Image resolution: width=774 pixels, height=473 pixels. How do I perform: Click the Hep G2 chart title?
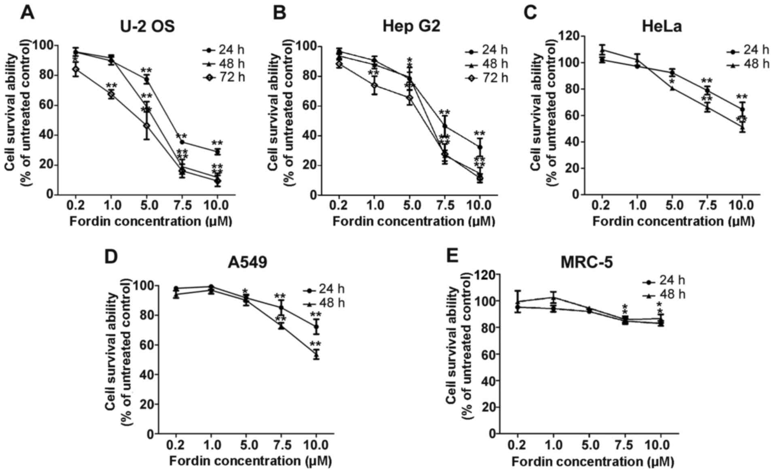tap(411, 26)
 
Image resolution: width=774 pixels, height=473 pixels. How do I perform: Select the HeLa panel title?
tap(662, 26)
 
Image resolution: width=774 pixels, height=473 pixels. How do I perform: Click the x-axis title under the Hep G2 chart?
tap(414, 222)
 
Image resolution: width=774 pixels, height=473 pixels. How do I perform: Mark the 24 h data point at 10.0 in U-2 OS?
tap(218, 152)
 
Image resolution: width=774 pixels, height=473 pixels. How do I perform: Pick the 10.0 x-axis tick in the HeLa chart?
tap(742, 206)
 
